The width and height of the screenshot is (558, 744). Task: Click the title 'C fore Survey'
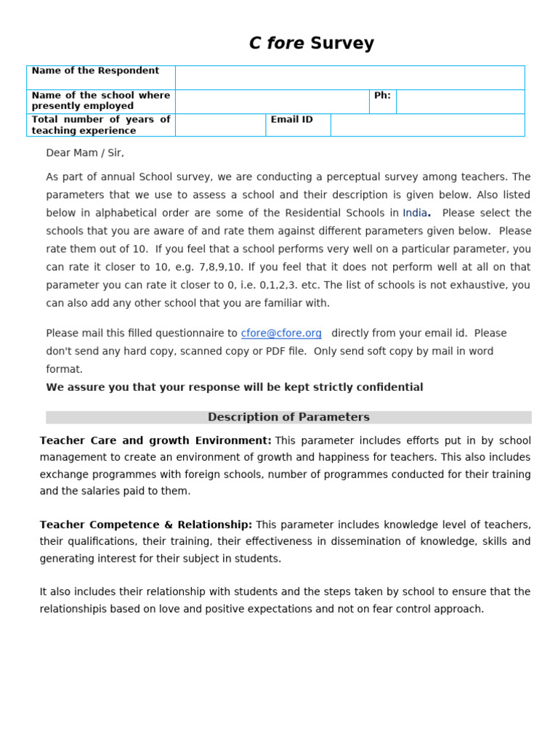(311, 44)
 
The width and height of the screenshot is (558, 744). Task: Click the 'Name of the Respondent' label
(95, 71)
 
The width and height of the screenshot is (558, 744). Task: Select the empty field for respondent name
(349, 78)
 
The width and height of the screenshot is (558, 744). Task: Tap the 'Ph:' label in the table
(382, 96)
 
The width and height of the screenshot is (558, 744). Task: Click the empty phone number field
(460, 102)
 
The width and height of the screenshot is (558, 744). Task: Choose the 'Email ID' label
(292, 120)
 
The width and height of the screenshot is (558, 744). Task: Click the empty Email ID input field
(427, 125)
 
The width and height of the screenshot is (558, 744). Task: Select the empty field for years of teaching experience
(220, 125)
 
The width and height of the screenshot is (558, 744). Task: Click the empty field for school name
(272, 102)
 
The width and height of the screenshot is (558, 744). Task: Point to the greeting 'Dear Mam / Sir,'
(85, 153)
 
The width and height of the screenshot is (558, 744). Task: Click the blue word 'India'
(415, 213)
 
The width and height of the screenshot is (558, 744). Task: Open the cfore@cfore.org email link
(281, 333)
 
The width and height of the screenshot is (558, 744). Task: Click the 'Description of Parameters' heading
(288, 417)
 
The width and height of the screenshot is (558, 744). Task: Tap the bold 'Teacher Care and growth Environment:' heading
(155, 441)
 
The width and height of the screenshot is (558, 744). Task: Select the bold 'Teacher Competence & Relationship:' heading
(146, 525)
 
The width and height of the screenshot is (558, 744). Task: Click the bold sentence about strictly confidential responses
(235, 387)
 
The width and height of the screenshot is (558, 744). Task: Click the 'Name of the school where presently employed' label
(100, 101)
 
